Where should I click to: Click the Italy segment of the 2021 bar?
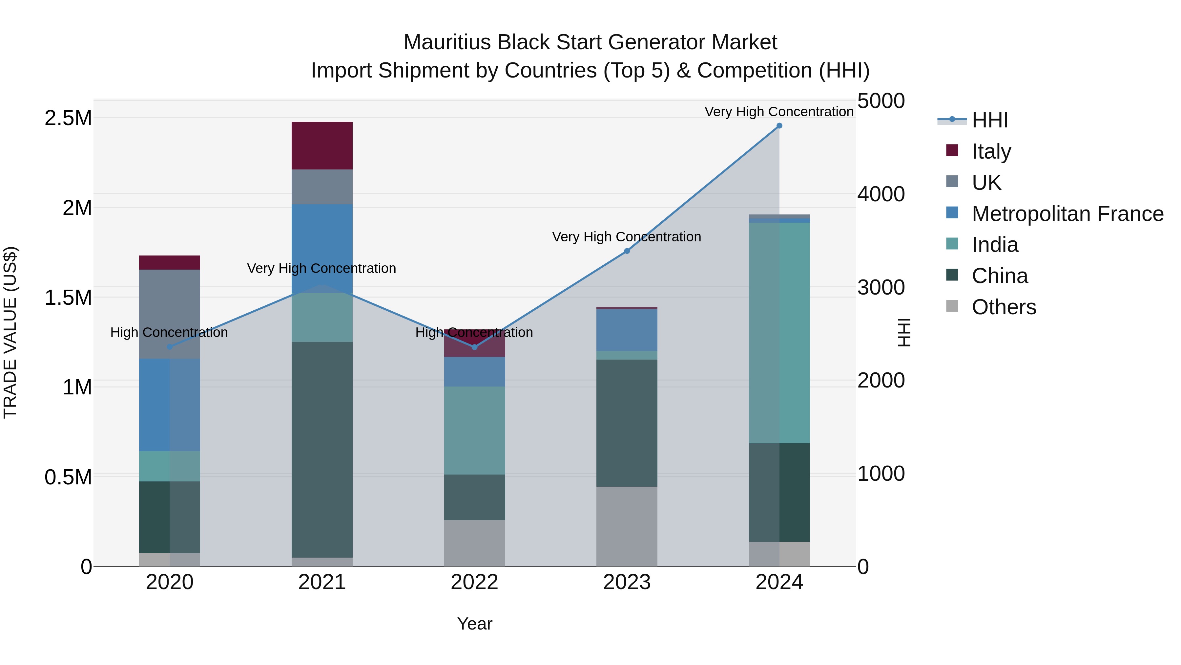(322, 145)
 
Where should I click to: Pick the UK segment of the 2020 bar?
(170, 314)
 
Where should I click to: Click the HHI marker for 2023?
(627, 251)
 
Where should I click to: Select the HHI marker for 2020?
(170, 347)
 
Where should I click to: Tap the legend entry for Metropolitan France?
(1067, 214)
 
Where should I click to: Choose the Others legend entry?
(1003, 307)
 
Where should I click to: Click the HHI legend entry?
(989, 120)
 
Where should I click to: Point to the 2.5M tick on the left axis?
(68, 119)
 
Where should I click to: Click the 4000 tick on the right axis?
(881, 194)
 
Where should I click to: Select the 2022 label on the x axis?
(474, 582)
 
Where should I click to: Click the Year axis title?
(474, 624)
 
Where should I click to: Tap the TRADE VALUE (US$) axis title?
(10, 332)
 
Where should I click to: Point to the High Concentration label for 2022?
(474, 332)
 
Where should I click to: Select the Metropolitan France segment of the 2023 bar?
(627, 330)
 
